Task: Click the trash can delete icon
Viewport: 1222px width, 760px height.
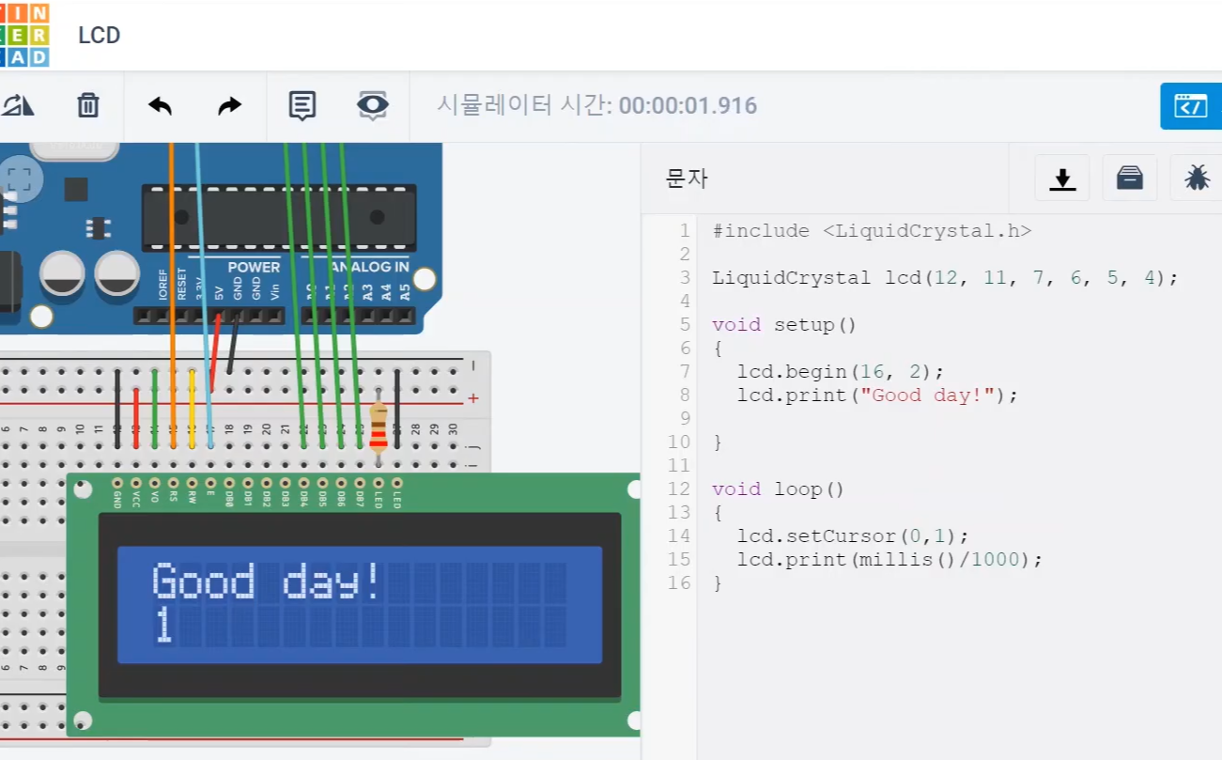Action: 88,105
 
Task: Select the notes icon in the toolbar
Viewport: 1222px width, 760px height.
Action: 302,105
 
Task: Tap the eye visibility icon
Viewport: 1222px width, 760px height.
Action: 373,105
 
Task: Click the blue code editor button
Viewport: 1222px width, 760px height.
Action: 1191,105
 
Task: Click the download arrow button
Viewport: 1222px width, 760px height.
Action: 1062,178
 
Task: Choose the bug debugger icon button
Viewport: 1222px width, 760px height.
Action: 1197,178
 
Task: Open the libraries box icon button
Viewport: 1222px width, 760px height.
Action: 1129,178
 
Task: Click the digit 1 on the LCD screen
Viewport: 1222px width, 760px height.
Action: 164,626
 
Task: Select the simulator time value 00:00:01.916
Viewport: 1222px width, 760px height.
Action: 688,105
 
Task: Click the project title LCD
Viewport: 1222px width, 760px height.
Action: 100,36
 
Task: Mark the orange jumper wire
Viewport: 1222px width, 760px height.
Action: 172,282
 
